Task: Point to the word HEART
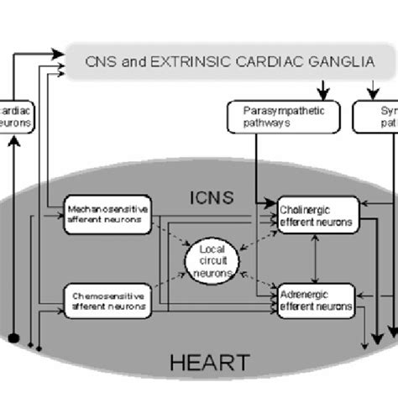[209, 363]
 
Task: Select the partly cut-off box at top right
[374, 116]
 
